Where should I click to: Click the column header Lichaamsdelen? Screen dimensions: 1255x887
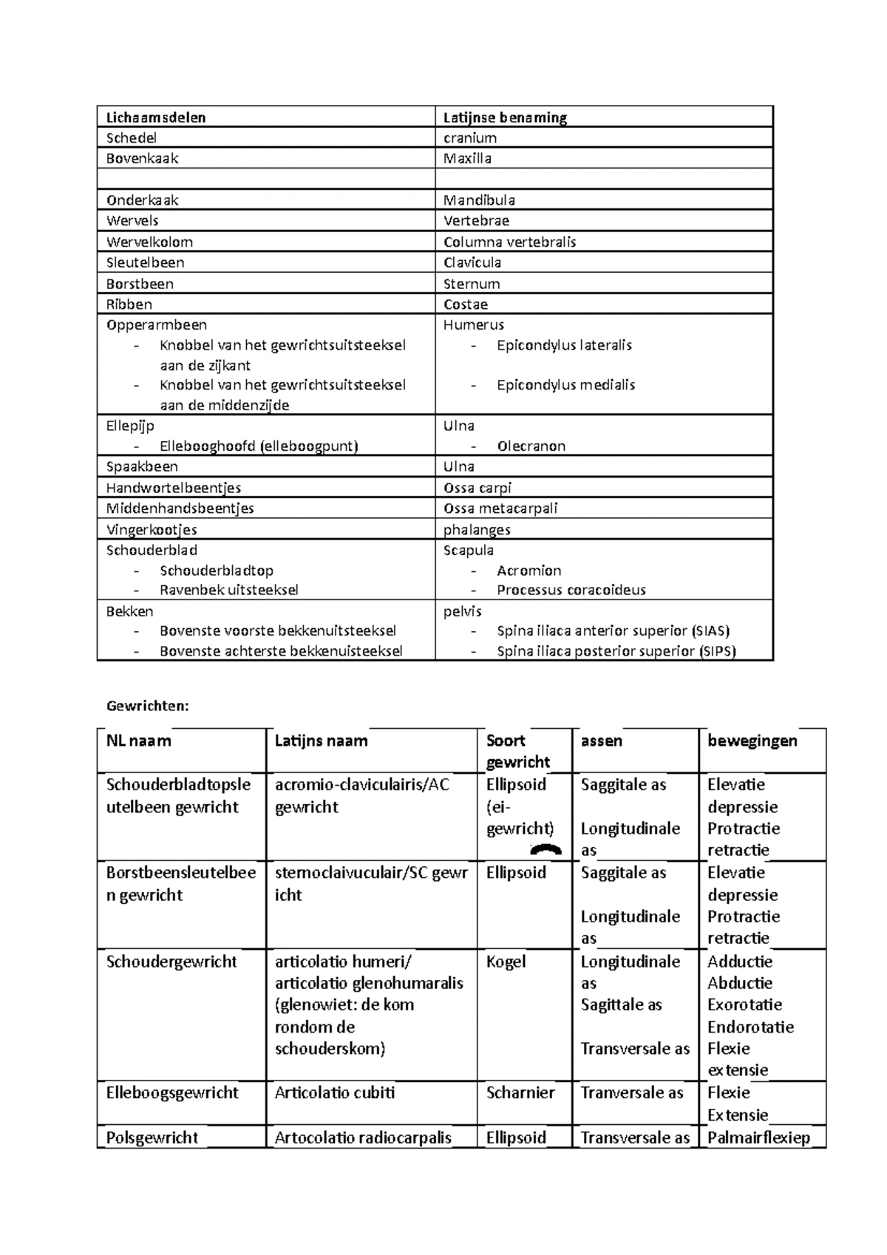tap(156, 118)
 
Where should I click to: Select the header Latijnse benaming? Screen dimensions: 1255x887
tap(505, 118)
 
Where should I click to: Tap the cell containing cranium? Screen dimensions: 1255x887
tap(470, 138)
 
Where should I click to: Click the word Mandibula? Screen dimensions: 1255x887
tap(479, 200)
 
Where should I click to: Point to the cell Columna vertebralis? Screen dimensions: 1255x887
tap(509, 242)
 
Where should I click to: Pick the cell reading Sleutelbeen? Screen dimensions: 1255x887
tap(145, 262)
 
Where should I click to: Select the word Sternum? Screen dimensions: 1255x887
tap(472, 284)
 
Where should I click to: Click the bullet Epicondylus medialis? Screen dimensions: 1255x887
tap(565, 385)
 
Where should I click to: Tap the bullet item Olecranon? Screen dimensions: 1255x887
tap(531, 446)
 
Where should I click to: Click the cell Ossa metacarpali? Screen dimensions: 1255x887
tap(500, 509)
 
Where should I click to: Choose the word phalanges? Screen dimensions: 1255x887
tap(477, 530)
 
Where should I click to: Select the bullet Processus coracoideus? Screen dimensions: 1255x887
tap(571, 590)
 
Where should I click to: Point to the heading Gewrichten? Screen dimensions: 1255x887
tap(148, 706)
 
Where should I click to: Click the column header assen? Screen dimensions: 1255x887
tap(601, 741)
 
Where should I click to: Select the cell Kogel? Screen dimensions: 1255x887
tap(506, 962)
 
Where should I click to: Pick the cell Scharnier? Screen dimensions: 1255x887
tap(520, 1092)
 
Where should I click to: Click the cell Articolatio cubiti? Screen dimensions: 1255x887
tap(334, 1092)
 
